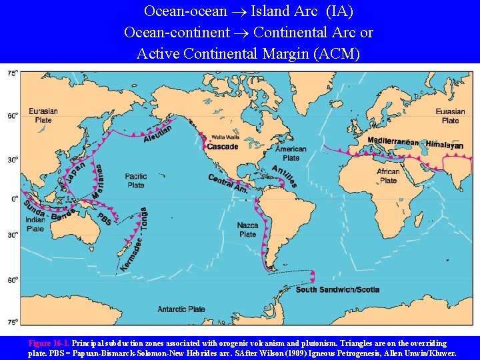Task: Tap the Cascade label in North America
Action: point(223,147)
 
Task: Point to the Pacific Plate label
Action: point(135,181)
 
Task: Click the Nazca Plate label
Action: point(247,230)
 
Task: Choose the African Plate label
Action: point(388,176)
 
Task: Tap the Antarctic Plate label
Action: point(181,309)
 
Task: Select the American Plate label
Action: point(291,154)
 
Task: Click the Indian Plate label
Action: point(35,224)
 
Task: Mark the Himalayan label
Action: point(444,144)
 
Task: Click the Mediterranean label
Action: point(393,141)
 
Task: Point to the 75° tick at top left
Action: point(12,74)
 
